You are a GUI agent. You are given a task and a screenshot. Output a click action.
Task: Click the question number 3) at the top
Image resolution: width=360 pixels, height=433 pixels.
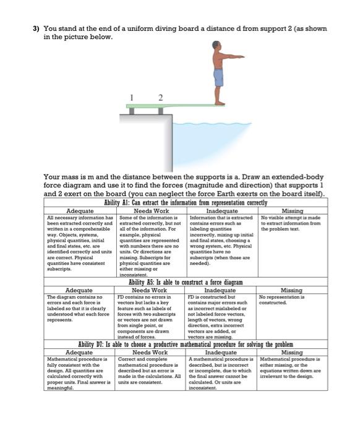click(36, 28)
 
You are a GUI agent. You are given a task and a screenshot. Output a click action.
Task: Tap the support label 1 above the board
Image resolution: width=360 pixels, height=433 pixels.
click(131, 98)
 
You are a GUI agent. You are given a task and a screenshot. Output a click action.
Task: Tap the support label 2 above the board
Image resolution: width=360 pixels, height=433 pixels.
click(160, 98)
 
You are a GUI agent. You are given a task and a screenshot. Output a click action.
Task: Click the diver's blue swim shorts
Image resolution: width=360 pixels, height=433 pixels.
click(218, 77)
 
